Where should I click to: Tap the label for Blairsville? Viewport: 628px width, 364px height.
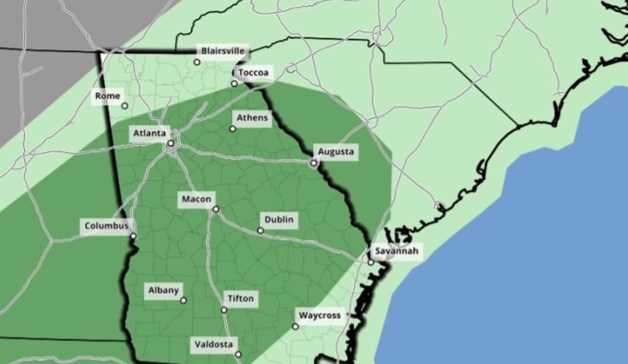click(x=223, y=51)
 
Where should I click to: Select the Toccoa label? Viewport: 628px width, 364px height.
click(x=253, y=73)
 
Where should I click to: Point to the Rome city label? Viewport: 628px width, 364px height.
click(x=107, y=96)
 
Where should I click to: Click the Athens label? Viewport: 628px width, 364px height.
click(x=252, y=118)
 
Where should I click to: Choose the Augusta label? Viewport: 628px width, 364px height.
click(x=336, y=152)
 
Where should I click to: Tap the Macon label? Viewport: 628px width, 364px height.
click(x=196, y=199)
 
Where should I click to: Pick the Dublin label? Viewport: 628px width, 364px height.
click(x=279, y=220)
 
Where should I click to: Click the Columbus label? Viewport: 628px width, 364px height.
click(x=106, y=226)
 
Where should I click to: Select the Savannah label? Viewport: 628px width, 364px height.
click(x=396, y=252)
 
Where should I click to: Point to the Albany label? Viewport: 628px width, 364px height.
click(x=163, y=290)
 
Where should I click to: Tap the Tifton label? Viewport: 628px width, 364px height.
click(x=240, y=298)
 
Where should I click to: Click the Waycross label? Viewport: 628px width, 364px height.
click(x=319, y=315)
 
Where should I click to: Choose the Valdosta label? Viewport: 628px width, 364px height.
click(x=213, y=344)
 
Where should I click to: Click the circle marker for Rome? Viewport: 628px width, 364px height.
click(x=125, y=105)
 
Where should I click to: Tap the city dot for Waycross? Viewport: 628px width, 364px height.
click(x=295, y=326)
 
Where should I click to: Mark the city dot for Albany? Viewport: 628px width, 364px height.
click(x=183, y=300)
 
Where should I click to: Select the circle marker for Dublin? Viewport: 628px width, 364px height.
click(x=261, y=231)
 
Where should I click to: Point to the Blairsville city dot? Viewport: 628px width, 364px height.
click(x=197, y=62)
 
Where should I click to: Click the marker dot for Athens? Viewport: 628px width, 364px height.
click(x=233, y=129)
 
